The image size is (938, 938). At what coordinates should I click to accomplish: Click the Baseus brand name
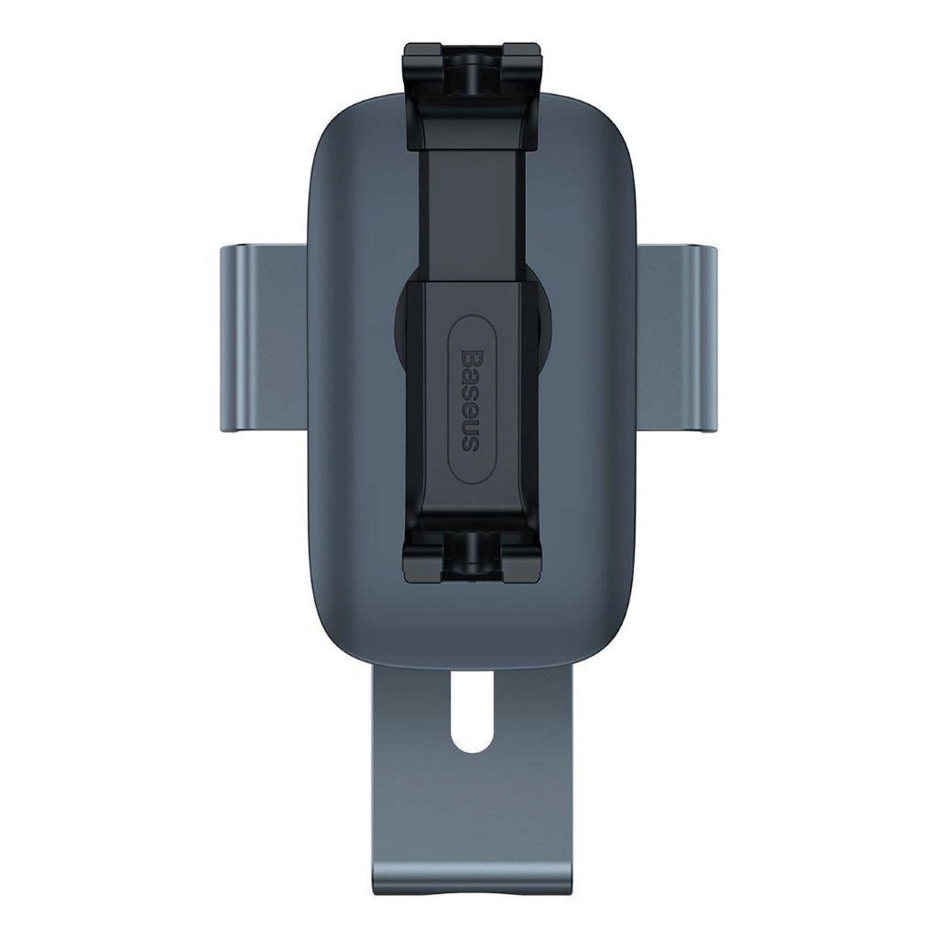click(x=469, y=399)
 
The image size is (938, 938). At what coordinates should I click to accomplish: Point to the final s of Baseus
click(x=469, y=443)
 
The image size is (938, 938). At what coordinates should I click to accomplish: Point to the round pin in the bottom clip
click(x=469, y=550)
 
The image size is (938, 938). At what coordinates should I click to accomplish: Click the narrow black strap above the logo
click(x=469, y=211)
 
